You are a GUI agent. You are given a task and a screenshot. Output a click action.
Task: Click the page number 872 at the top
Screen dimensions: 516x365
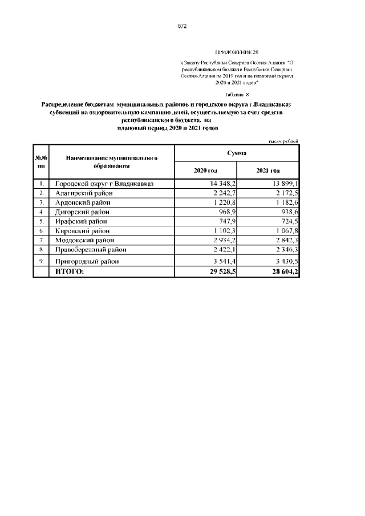click(x=182, y=26)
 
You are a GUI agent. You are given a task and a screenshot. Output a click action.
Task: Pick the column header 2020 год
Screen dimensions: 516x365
click(x=205, y=171)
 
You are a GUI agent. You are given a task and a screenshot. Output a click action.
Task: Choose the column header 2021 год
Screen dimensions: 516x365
click(x=268, y=171)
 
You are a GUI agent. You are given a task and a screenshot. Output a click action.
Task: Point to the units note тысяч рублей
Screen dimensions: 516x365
click(x=283, y=141)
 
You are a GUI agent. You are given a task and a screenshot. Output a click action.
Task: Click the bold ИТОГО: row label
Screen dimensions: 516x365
click(x=69, y=272)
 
